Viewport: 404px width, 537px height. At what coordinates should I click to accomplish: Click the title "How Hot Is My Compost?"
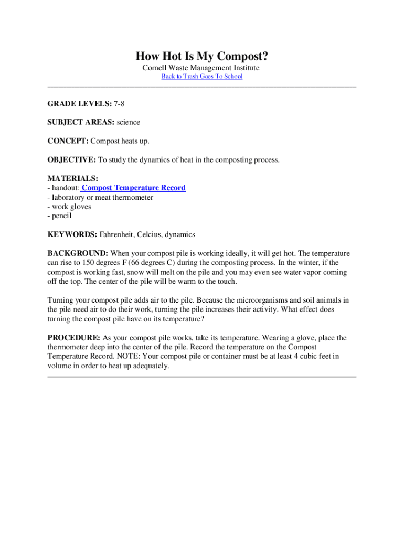[201, 56]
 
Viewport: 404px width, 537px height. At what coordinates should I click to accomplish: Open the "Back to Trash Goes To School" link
[201, 77]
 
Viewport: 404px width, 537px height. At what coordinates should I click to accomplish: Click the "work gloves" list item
[71, 207]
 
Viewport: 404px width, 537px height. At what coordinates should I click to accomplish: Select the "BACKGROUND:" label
[78, 253]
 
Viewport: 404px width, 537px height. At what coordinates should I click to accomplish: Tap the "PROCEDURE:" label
[74, 338]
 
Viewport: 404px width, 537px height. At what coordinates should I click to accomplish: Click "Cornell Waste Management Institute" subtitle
[201, 68]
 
